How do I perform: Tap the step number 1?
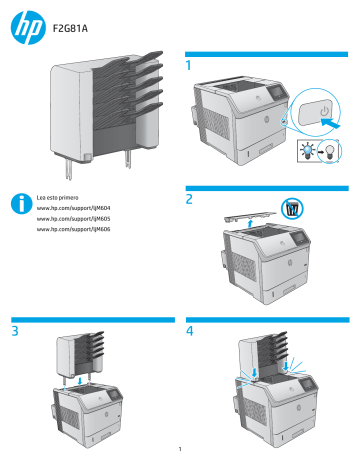pyautogui.click(x=189, y=66)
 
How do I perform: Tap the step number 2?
pyautogui.click(x=189, y=199)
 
